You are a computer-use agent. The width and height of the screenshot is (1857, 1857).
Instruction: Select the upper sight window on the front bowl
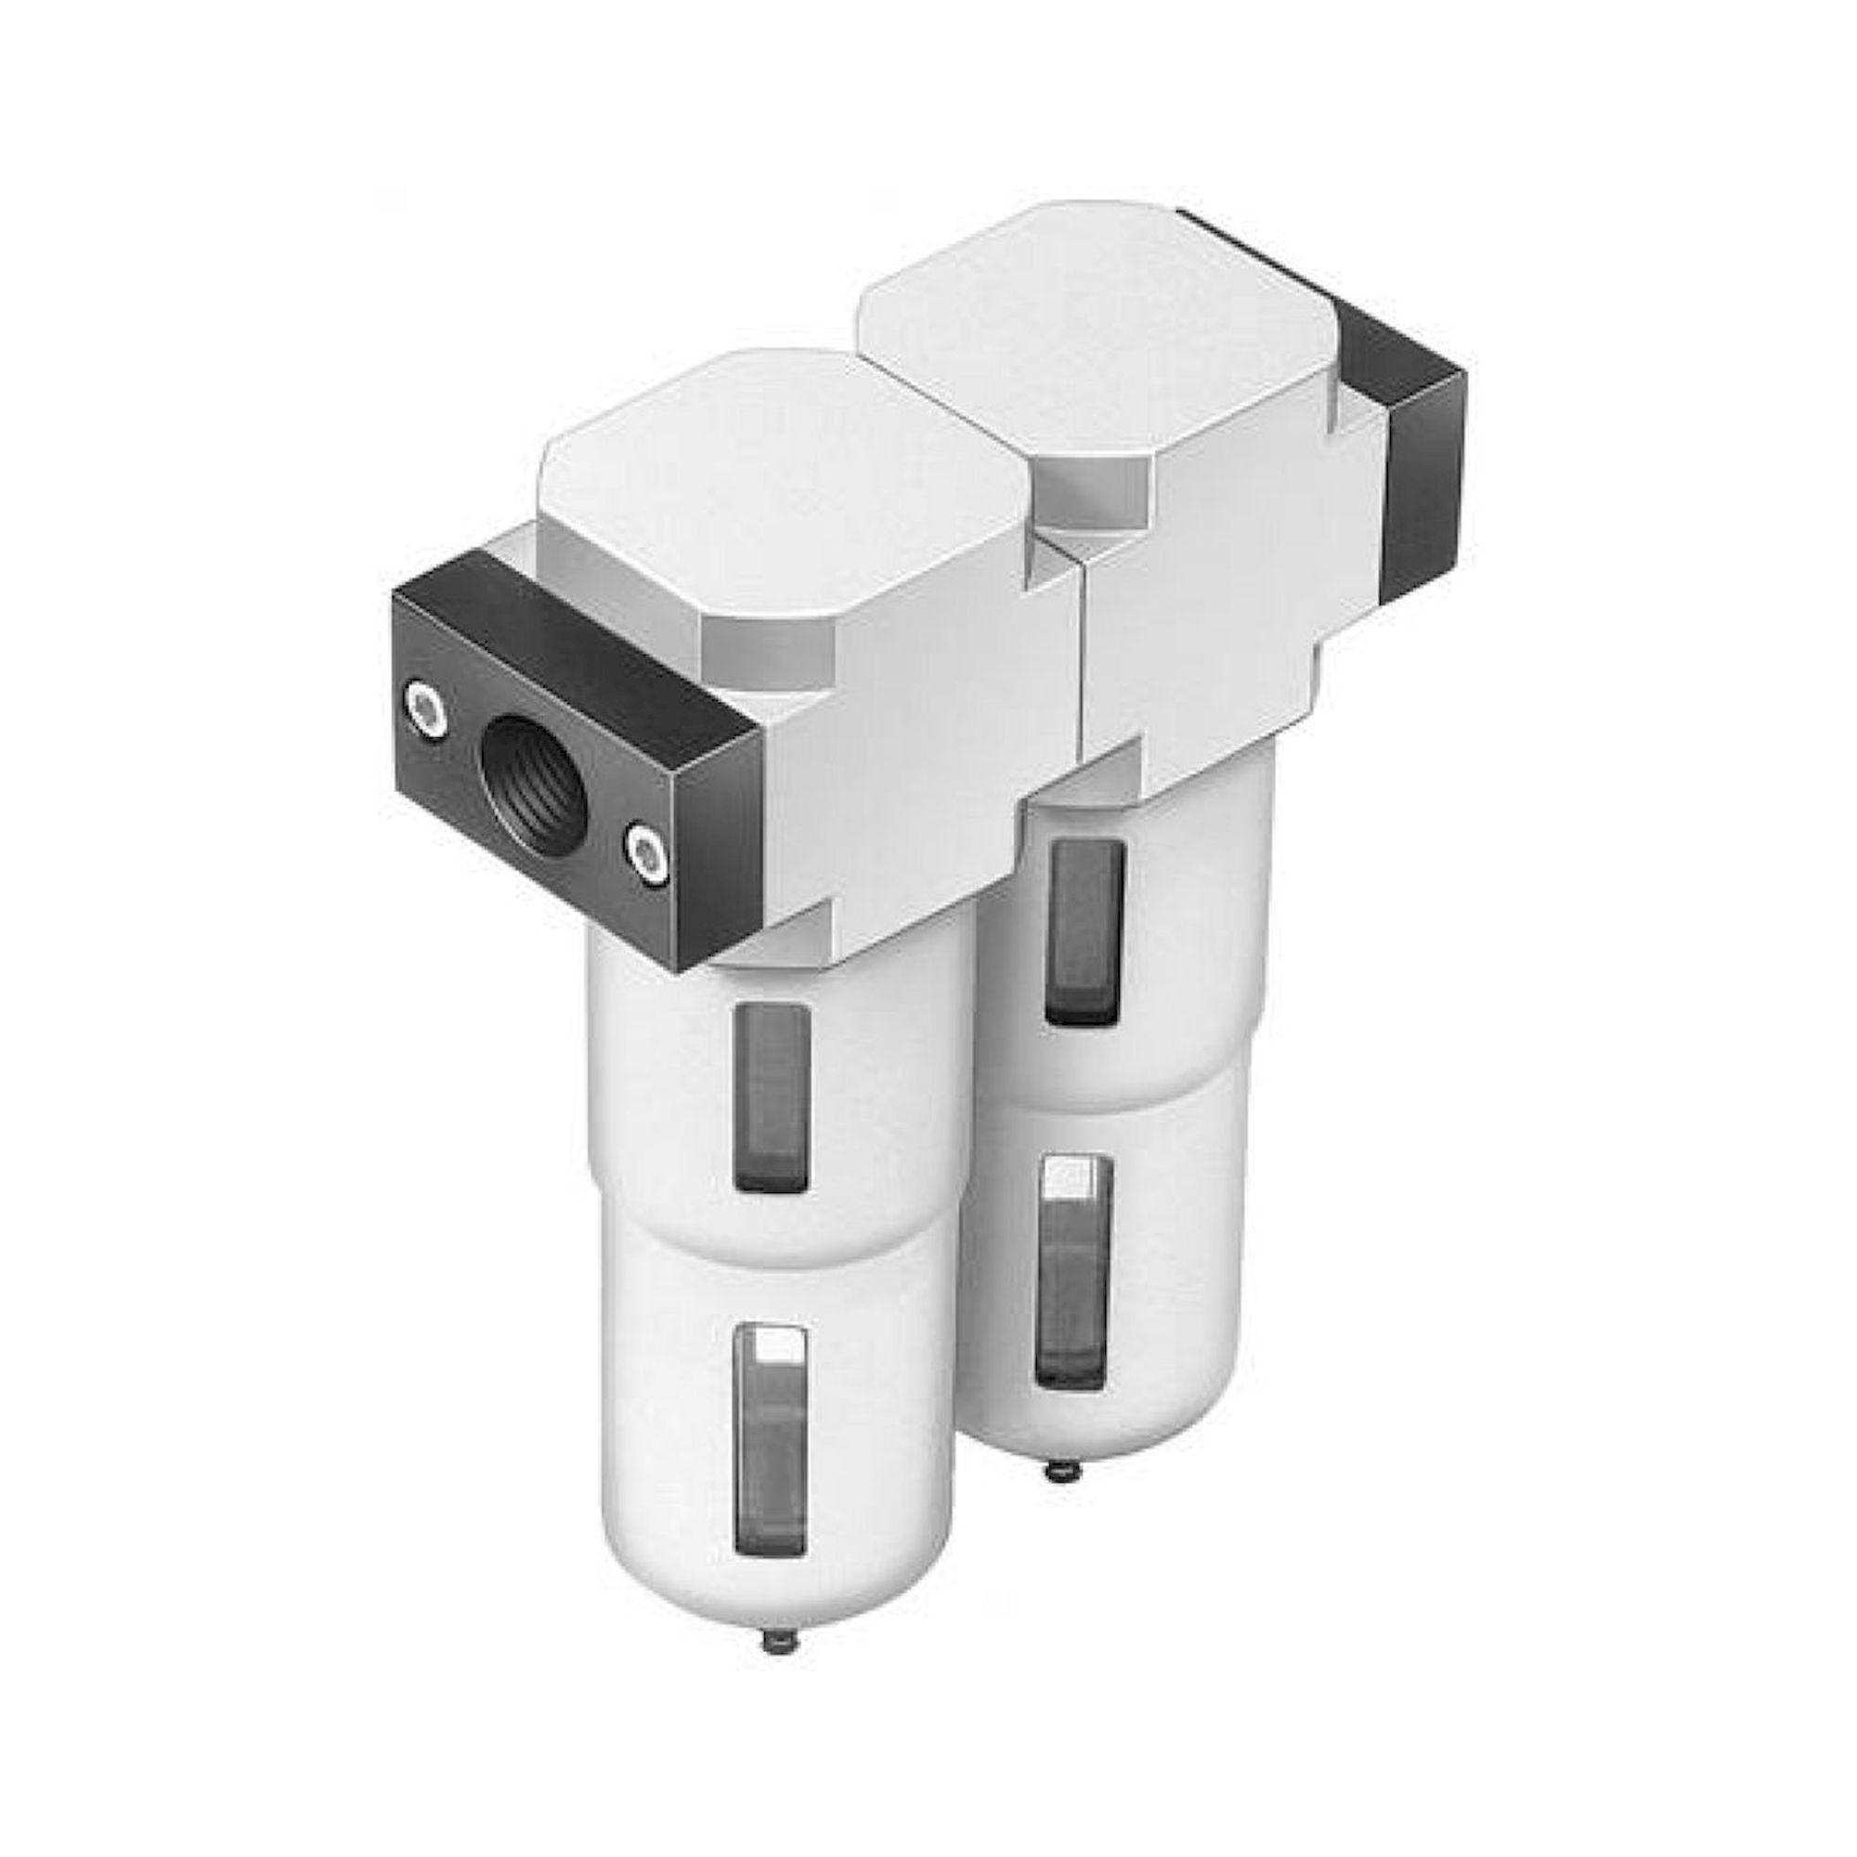pyautogui.click(x=771, y=1096)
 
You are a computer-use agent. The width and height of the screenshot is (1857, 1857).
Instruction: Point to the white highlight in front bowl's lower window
pyautogui.click(x=779, y=1345)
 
